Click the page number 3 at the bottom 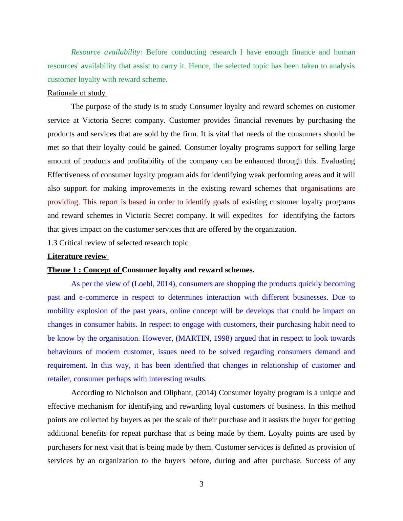(201, 484)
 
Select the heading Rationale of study (77, 93)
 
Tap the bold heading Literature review (77, 256)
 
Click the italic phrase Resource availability (105, 52)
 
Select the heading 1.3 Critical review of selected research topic (118, 243)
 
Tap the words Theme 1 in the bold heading (62, 270)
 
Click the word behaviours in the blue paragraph (64, 352)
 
